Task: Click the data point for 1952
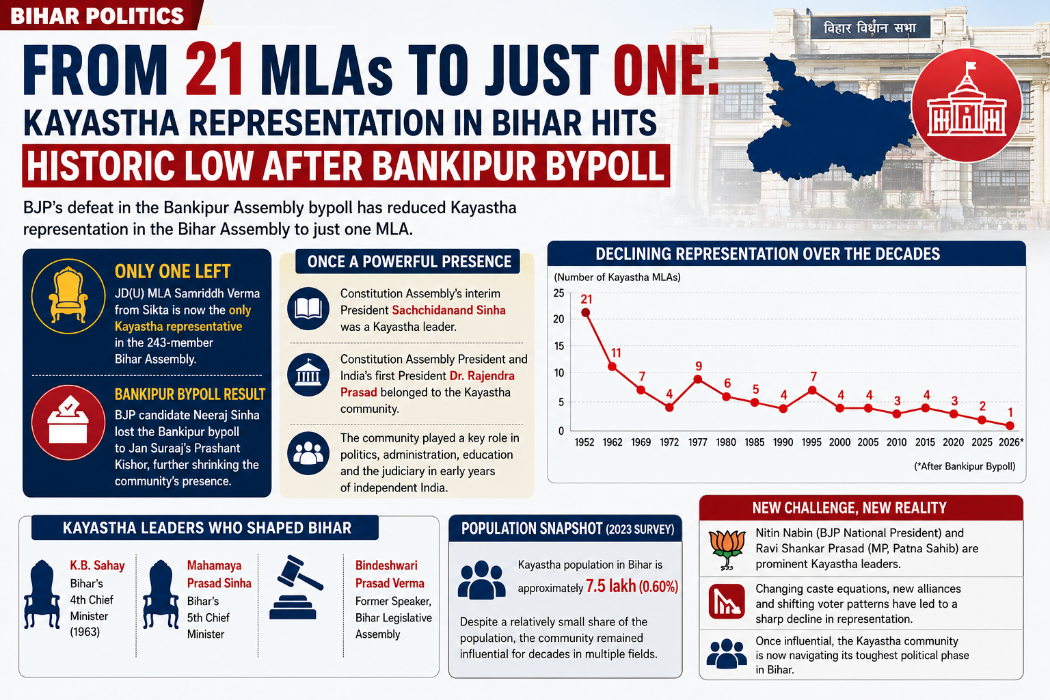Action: tap(585, 312)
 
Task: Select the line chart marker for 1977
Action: tap(697, 379)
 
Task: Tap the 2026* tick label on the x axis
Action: tap(1010, 442)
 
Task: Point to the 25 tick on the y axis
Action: tap(558, 293)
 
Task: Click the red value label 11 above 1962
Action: tap(615, 353)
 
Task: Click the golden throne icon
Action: tap(68, 296)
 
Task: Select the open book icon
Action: tap(308, 308)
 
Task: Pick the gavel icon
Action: tap(296, 587)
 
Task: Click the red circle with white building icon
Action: tap(966, 105)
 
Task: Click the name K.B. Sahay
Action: tap(98, 565)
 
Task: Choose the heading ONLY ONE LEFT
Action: tap(172, 271)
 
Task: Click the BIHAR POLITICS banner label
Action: tap(97, 16)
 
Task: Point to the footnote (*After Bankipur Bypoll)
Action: tap(965, 466)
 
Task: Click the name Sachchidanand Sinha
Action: tap(448, 310)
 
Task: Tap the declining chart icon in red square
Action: tap(727, 602)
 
